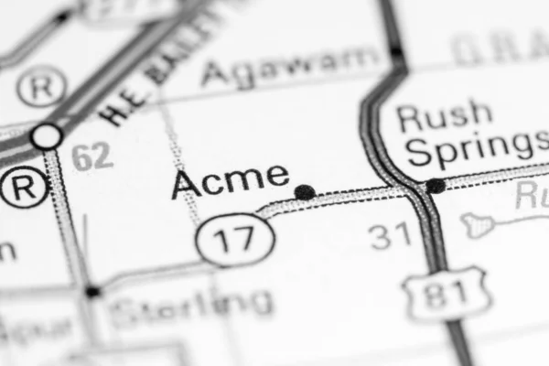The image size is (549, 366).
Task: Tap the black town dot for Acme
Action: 305,192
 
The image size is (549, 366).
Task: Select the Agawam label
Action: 291,65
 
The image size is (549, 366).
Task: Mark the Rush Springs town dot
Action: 436,186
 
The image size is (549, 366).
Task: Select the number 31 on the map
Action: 391,237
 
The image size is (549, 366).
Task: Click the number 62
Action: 92,156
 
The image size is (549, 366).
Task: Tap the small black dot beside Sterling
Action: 92,291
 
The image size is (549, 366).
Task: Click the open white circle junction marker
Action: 47,136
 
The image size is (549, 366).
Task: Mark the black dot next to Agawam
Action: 395,53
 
